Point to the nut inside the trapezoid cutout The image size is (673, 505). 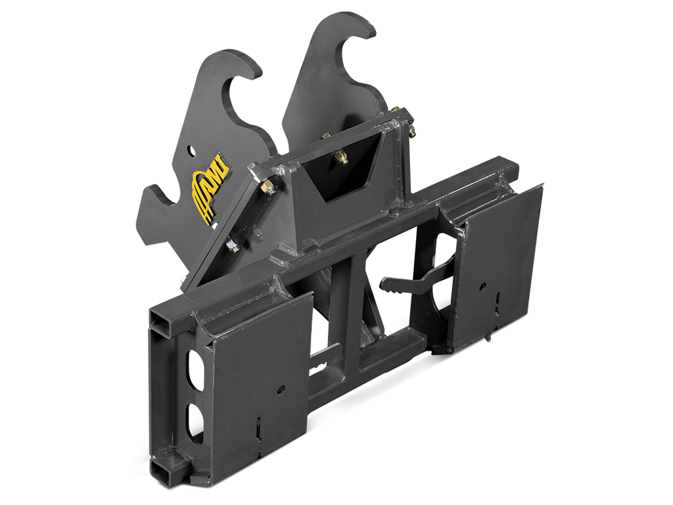click(340, 158)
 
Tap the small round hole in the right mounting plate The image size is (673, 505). click(483, 287)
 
